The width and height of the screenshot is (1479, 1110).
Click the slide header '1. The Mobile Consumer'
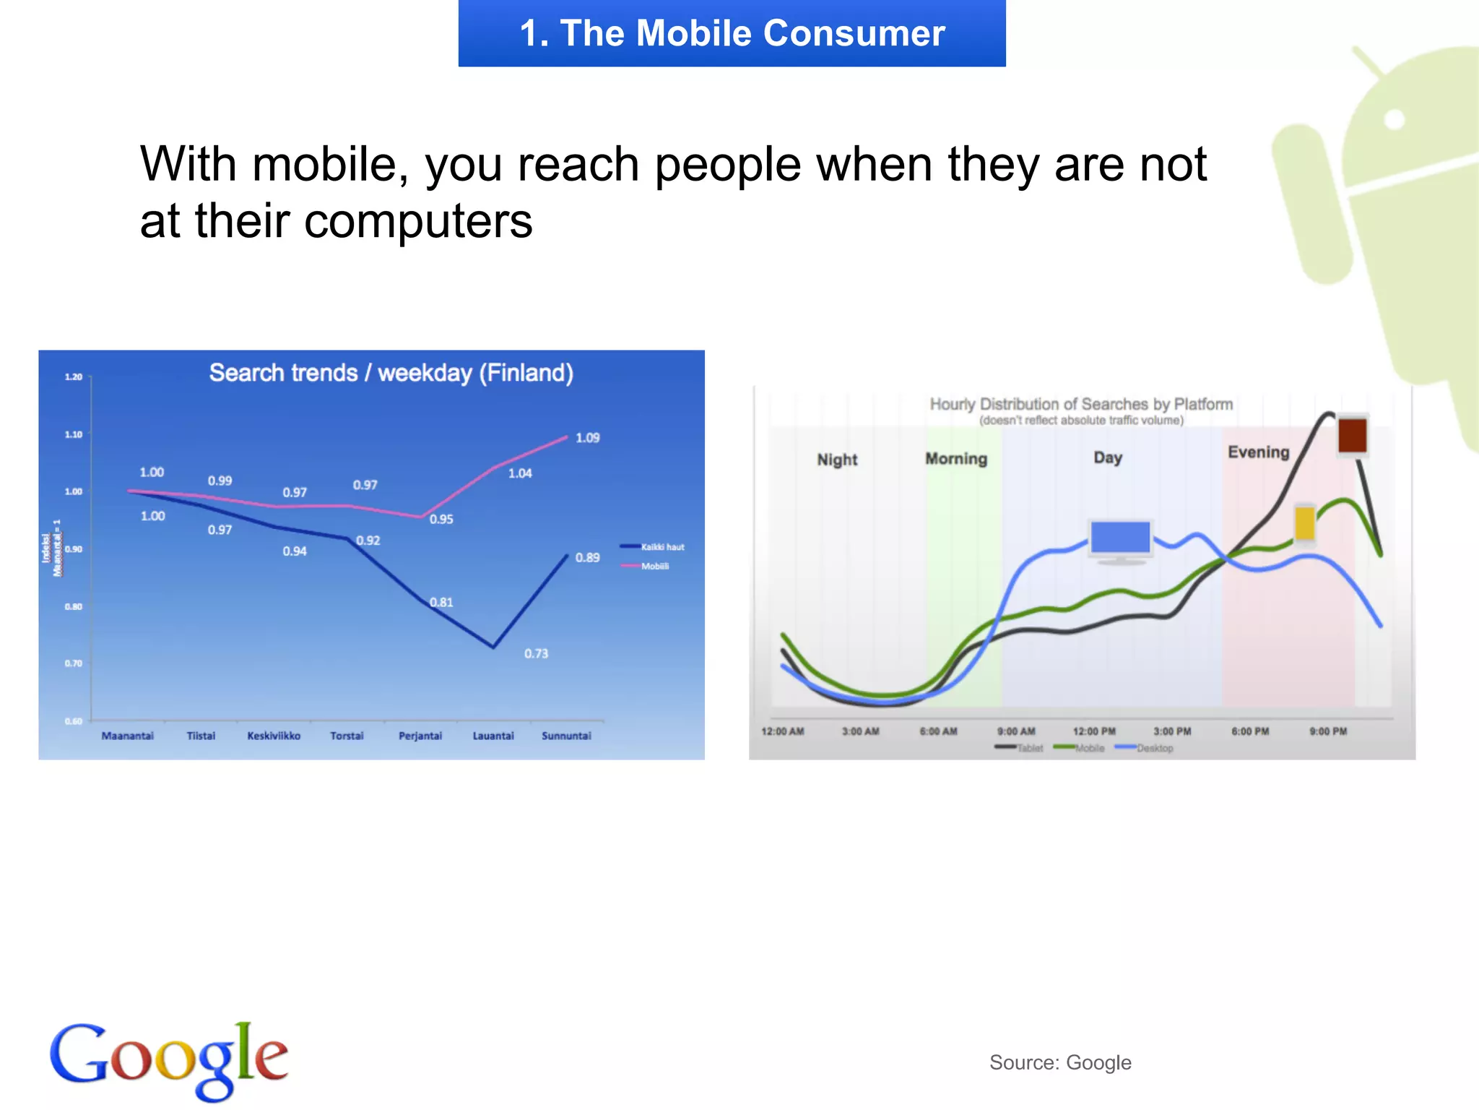click(x=732, y=33)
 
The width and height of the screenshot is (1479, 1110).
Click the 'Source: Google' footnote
click(x=1059, y=1062)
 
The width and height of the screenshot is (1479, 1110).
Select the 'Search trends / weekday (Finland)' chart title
click(x=391, y=373)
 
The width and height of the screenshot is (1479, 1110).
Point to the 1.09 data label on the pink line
click(x=587, y=438)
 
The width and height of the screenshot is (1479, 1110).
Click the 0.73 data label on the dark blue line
click(x=536, y=654)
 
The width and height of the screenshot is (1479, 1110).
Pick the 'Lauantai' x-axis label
click(x=493, y=736)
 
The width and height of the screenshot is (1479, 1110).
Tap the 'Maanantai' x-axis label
click(x=128, y=736)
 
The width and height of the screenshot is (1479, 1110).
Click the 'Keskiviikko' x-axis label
click(x=274, y=736)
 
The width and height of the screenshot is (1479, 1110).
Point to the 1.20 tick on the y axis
click(x=74, y=377)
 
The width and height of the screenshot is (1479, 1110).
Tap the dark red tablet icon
click(x=1352, y=436)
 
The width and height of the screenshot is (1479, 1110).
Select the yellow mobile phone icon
click(x=1304, y=523)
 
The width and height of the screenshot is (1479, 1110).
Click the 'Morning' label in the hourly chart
click(x=956, y=459)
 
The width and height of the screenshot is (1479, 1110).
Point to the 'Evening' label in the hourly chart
click(x=1258, y=452)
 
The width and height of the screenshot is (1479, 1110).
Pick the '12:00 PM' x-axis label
click(x=1094, y=731)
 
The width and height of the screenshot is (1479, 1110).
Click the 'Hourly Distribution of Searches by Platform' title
click(x=1081, y=404)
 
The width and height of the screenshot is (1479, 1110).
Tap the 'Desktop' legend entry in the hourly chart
click(x=1153, y=748)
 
